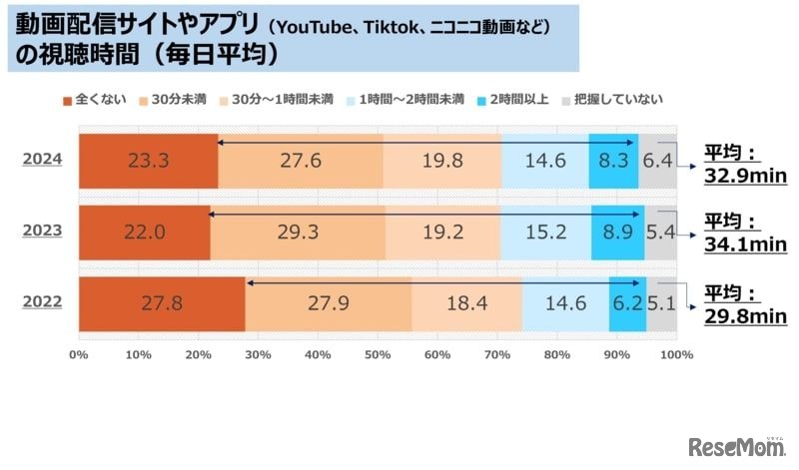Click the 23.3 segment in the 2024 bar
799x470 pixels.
148,160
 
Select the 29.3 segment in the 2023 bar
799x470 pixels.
298,233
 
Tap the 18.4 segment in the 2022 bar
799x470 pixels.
466,304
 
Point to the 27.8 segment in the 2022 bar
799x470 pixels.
161,304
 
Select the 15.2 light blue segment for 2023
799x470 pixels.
545,233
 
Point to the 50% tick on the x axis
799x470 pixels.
378,354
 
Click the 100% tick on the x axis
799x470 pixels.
676,354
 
